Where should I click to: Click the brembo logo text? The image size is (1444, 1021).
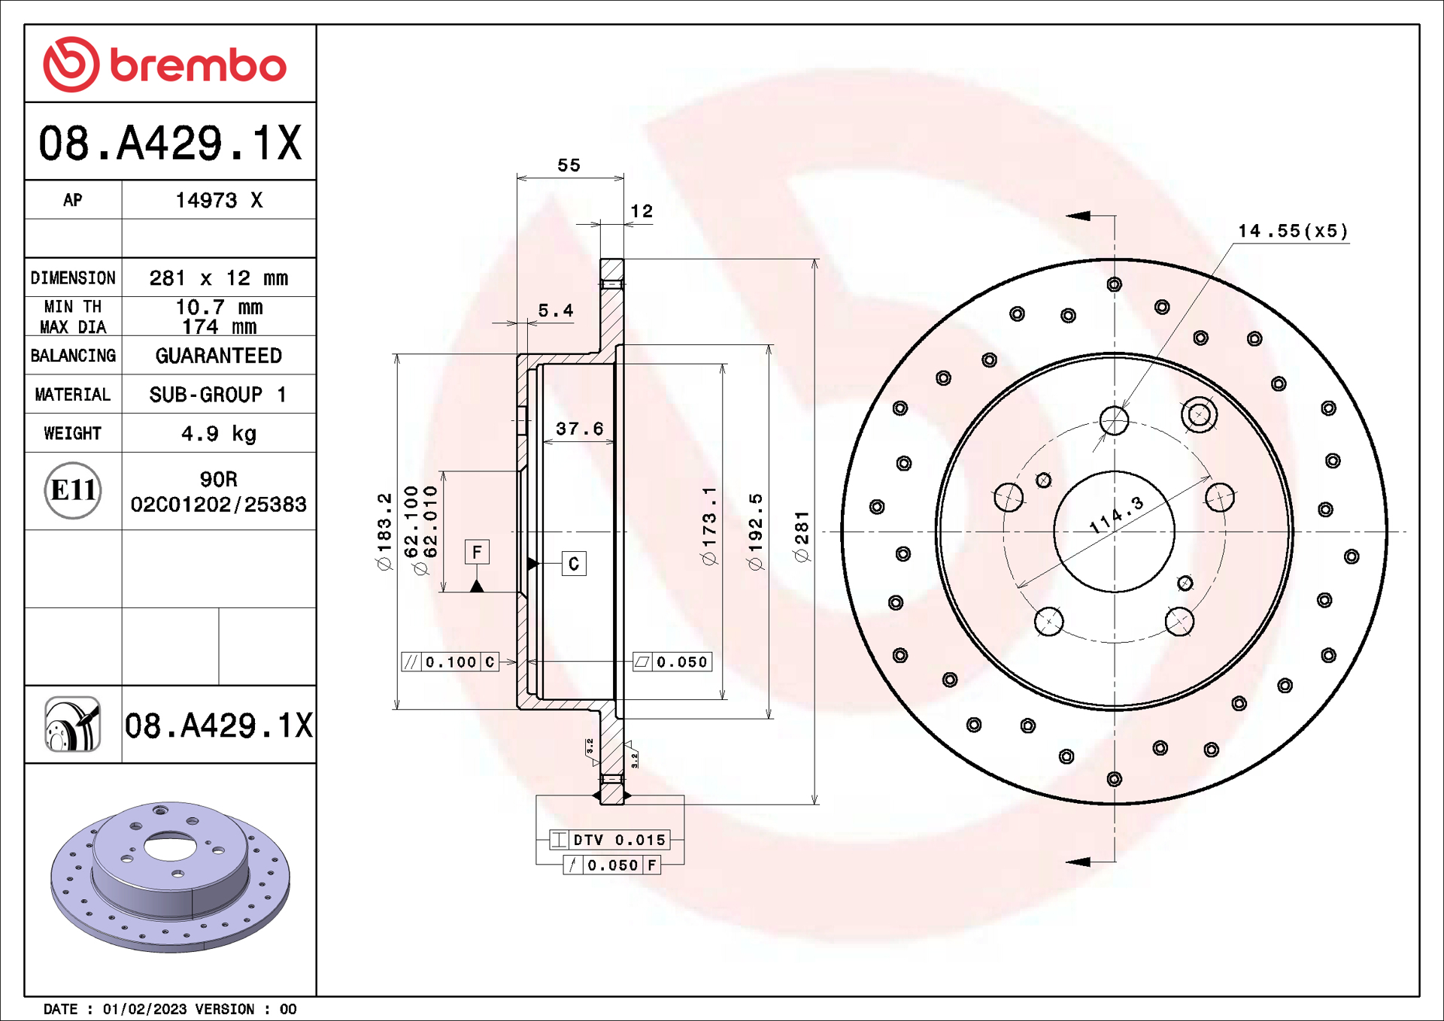pyautogui.click(x=198, y=65)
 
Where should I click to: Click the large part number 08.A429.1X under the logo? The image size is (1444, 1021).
pyautogui.click(x=170, y=143)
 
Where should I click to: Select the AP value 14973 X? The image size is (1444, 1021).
pyautogui.click(x=218, y=200)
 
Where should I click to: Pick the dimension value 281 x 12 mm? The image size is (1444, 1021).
pyautogui.click(x=218, y=278)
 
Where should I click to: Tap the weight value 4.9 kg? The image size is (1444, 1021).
pyautogui.click(x=218, y=434)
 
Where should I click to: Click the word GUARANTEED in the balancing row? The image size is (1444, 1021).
pyautogui.click(x=218, y=356)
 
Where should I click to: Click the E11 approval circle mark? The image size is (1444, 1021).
pyautogui.click(x=73, y=490)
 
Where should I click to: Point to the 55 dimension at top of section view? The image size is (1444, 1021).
pyautogui.click(x=569, y=165)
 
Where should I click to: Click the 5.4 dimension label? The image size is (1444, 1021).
pyautogui.click(x=555, y=311)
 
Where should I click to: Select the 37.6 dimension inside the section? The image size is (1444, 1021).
pyautogui.click(x=579, y=429)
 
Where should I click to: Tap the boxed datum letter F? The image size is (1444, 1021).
pyautogui.click(x=477, y=553)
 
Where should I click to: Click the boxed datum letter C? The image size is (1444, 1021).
pyautogui.click(x=574, y=564)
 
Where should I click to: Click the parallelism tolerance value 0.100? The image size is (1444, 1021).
pyautogui.click(x=450, y=662)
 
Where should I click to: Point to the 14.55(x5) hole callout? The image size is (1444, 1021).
pyautogui.click(x=1293, y=231)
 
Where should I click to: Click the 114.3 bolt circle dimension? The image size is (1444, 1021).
pyautogui.click(x=1116, y=516)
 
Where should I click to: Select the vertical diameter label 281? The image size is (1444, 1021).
pyautogui.click(x=802, y=535)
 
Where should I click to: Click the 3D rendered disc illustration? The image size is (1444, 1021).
pyautogui.click(x=170, y=876)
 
